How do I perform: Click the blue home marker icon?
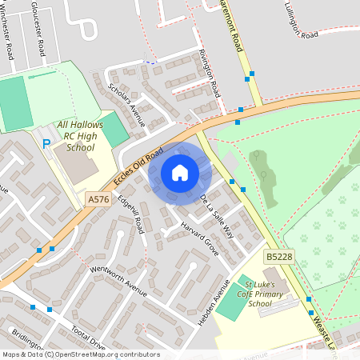(180, 172)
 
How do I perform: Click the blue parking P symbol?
(46, 144)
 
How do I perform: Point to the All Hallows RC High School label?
(80, 136)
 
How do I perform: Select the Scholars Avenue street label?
(126, 105)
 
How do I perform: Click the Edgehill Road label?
(130, 214)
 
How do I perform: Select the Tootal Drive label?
(87, 340)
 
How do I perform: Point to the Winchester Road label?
(9, 37)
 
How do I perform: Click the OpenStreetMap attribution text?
(81, 354)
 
